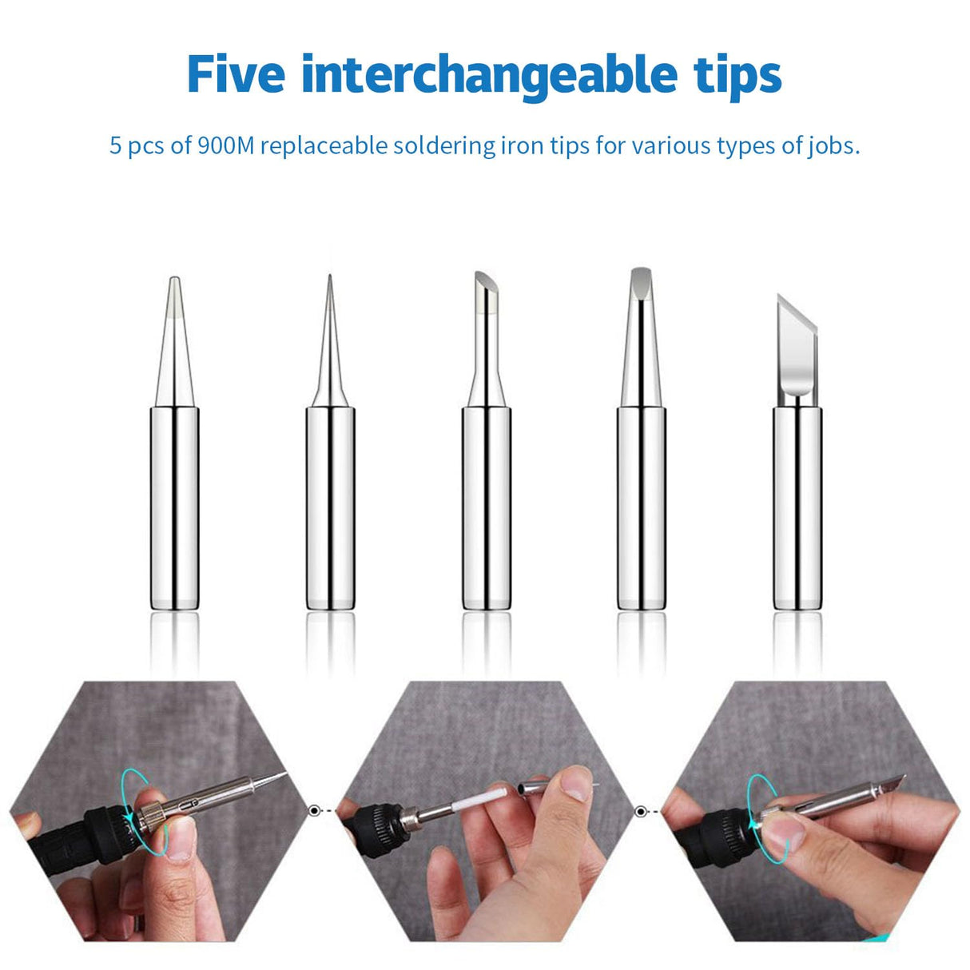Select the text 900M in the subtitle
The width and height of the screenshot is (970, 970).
(x=225, y=146)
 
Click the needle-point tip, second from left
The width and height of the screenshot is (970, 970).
(x=329, y=447)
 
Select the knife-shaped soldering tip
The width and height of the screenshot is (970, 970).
(x=797, y=447)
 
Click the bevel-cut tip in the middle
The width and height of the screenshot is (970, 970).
(x=485, y=447)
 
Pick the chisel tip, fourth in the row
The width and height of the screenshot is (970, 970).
(x=641, y=447)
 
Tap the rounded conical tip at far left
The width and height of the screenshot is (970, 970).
(x=174, y=447)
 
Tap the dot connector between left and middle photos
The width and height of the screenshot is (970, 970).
(x=313, y=810)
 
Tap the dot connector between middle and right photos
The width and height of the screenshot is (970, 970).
(x=639, y=812)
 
